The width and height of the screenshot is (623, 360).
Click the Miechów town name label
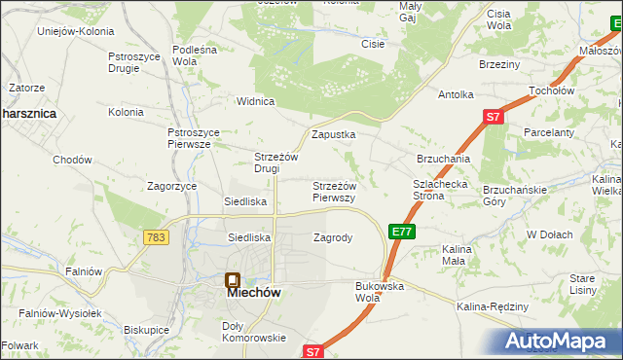click(247, 290)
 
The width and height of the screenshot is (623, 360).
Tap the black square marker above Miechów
click(232, 279)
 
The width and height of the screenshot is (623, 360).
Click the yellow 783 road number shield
click(154, 237)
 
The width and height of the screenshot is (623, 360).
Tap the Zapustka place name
click(333, 135)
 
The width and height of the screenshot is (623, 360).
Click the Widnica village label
click(257, 101)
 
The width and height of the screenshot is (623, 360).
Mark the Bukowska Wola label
click(380, 292)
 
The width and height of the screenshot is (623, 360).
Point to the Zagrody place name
click(332, 237)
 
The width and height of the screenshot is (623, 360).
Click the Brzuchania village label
click(444, 159)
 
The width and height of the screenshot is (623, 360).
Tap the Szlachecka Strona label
click(441, 189)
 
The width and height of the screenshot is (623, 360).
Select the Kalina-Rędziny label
click(492, 307)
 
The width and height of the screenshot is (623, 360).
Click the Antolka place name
click(456, 94)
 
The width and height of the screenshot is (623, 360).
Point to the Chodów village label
click(72, 160)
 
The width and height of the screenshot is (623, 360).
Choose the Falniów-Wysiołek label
click(60, 313)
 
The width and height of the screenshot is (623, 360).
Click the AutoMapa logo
click(561, 342)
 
